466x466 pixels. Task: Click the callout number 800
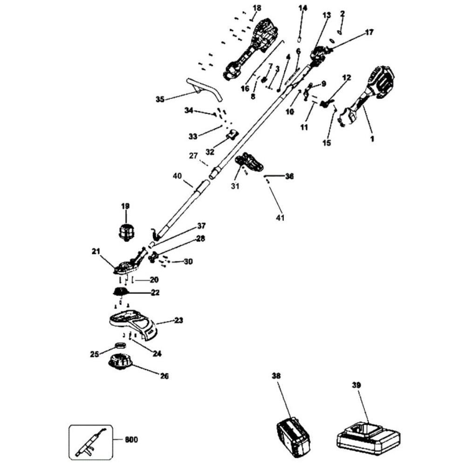pos(131,439)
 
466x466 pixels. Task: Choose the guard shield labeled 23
pos(133,322)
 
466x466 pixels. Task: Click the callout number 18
pos(257,8)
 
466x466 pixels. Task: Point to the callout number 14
pos(303,8)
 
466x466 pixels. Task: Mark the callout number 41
pos(293,218)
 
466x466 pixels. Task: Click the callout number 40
pos(177,176)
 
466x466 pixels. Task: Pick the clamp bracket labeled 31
pos(250,163)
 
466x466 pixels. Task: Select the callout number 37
pos(201,226)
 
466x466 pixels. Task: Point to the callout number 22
pos(155,293)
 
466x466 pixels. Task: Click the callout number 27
pos(193,156)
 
